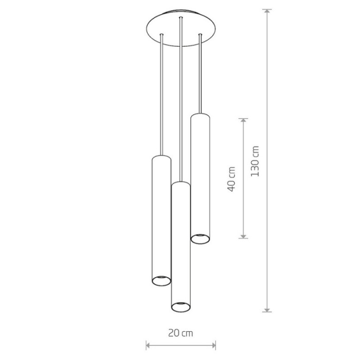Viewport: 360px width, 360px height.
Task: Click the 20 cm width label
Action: coord(181,333)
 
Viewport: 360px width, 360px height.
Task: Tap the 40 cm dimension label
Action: coord(231,179)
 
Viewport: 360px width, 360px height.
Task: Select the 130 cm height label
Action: coord(255,161)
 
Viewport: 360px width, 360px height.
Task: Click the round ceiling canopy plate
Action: coord(181,28)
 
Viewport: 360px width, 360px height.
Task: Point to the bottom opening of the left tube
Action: coord(161,281)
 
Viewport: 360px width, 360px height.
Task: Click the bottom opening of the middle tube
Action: coord(181,307)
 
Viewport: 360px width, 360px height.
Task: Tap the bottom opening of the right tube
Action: coord(200,239)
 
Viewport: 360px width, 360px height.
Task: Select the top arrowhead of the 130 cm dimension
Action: coord(267,11)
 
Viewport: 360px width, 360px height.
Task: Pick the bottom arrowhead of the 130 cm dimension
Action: coord(267,310)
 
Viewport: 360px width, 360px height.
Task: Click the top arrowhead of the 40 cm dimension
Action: coord(243,121)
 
